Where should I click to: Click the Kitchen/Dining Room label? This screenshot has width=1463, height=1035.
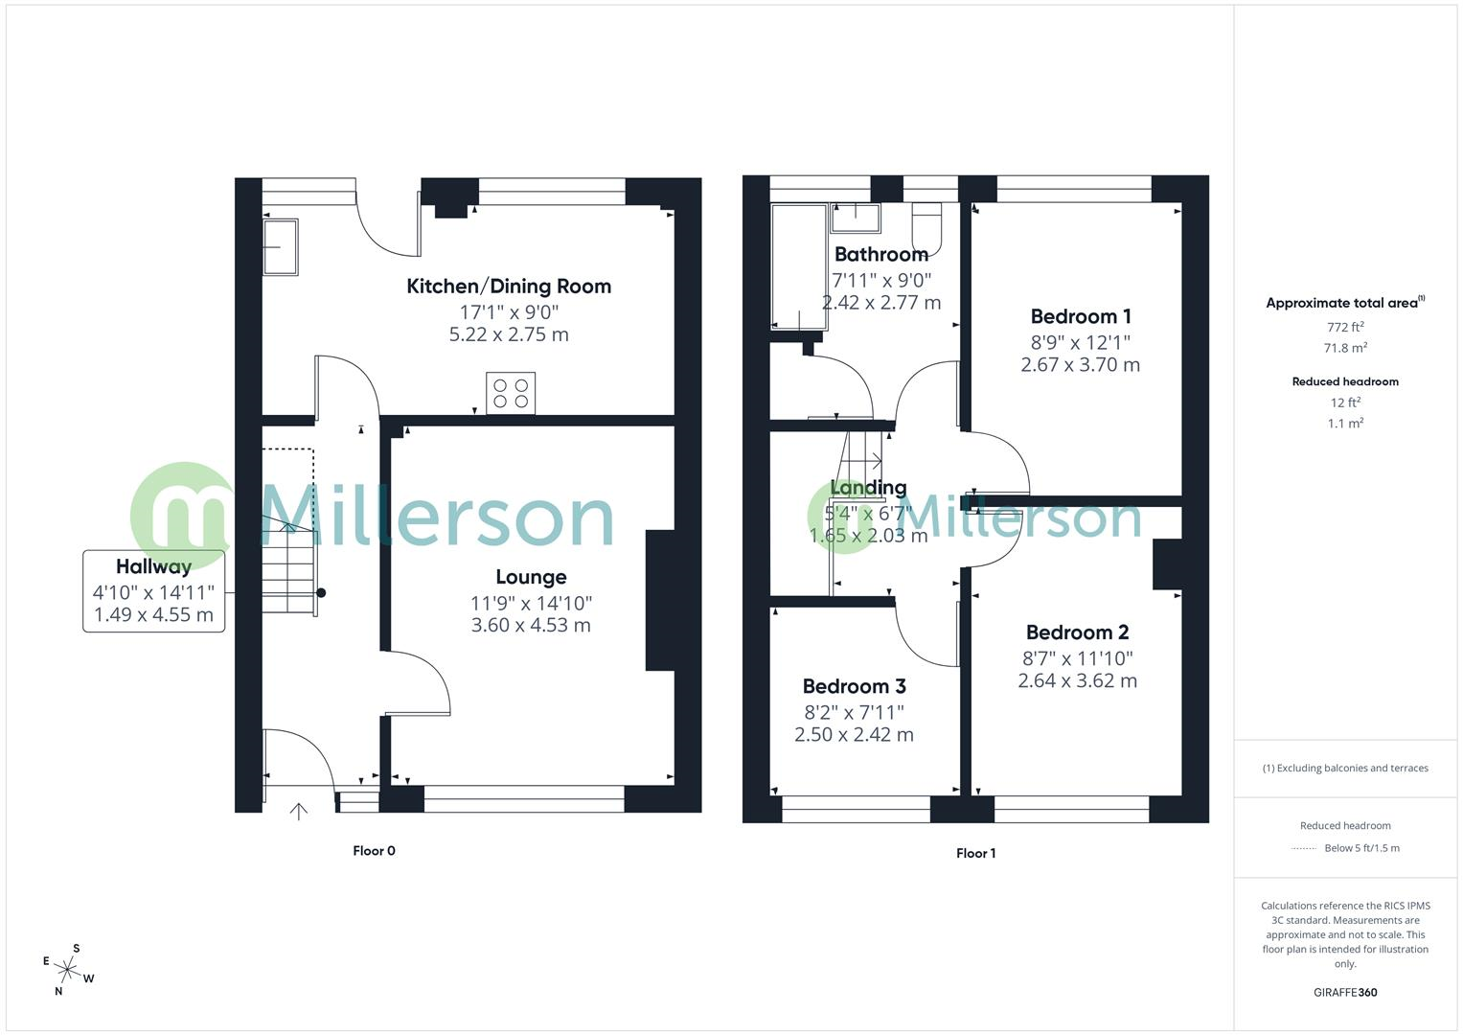coord(509,286)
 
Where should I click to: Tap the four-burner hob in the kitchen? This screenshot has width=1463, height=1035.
coord(511,393)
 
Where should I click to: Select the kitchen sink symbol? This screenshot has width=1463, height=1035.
coord(280,247)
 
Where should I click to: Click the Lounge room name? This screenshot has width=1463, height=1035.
coord(531,577)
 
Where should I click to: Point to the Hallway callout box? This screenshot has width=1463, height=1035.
coord(153,590)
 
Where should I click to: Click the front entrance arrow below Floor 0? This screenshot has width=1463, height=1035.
coord(299,812)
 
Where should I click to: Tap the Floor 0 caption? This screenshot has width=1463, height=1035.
coord(374,851)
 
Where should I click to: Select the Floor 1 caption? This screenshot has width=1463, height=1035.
coord(975,853)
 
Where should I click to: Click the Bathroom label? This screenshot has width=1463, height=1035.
coord(880,254)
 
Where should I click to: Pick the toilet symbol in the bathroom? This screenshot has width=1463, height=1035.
coord(927,227)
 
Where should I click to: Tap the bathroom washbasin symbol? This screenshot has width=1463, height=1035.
coord(855,218)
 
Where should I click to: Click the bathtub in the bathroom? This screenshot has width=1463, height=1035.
coord(799,266)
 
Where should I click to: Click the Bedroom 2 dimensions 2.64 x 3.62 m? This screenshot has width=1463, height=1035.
coord(1077,680)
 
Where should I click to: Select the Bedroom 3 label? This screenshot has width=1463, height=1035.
coord(854,686)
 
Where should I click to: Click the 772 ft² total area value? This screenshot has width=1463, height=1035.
coord(1345,327)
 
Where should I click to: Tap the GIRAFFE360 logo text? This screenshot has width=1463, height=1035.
coord(1345,992)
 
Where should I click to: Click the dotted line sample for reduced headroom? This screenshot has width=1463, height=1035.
coord(1304,848)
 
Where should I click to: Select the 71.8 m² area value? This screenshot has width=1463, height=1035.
coord(1345,348)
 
